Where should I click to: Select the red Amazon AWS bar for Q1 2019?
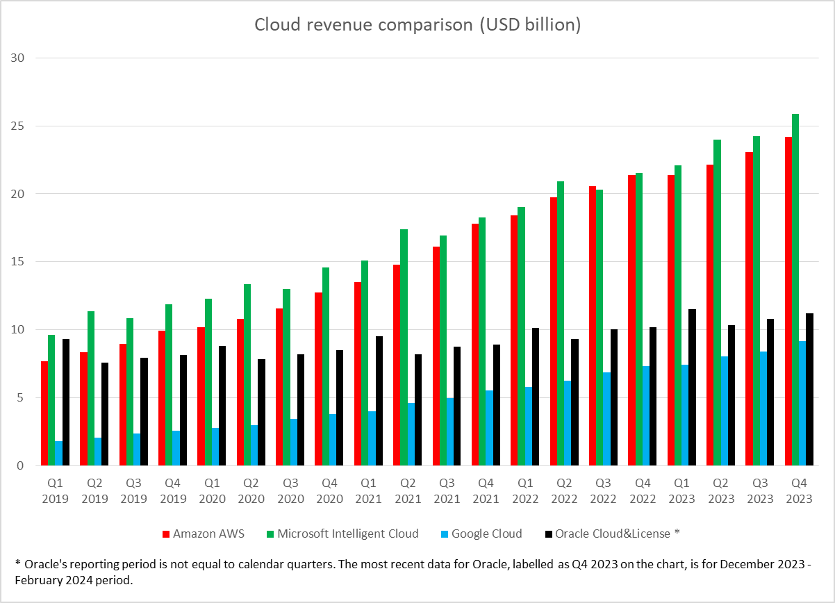44,413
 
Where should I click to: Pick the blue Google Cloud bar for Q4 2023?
802,403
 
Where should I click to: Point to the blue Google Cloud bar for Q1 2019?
59,453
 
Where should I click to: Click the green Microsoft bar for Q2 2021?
404,347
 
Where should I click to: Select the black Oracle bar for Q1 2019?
66,402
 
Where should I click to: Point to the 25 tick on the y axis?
17,126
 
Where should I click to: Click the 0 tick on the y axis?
21,465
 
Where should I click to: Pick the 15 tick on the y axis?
17,261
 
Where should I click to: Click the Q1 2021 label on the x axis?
368,490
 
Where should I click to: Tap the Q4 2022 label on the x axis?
643,490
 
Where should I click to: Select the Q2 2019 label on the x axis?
94,490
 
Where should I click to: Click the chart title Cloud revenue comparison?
417,25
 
